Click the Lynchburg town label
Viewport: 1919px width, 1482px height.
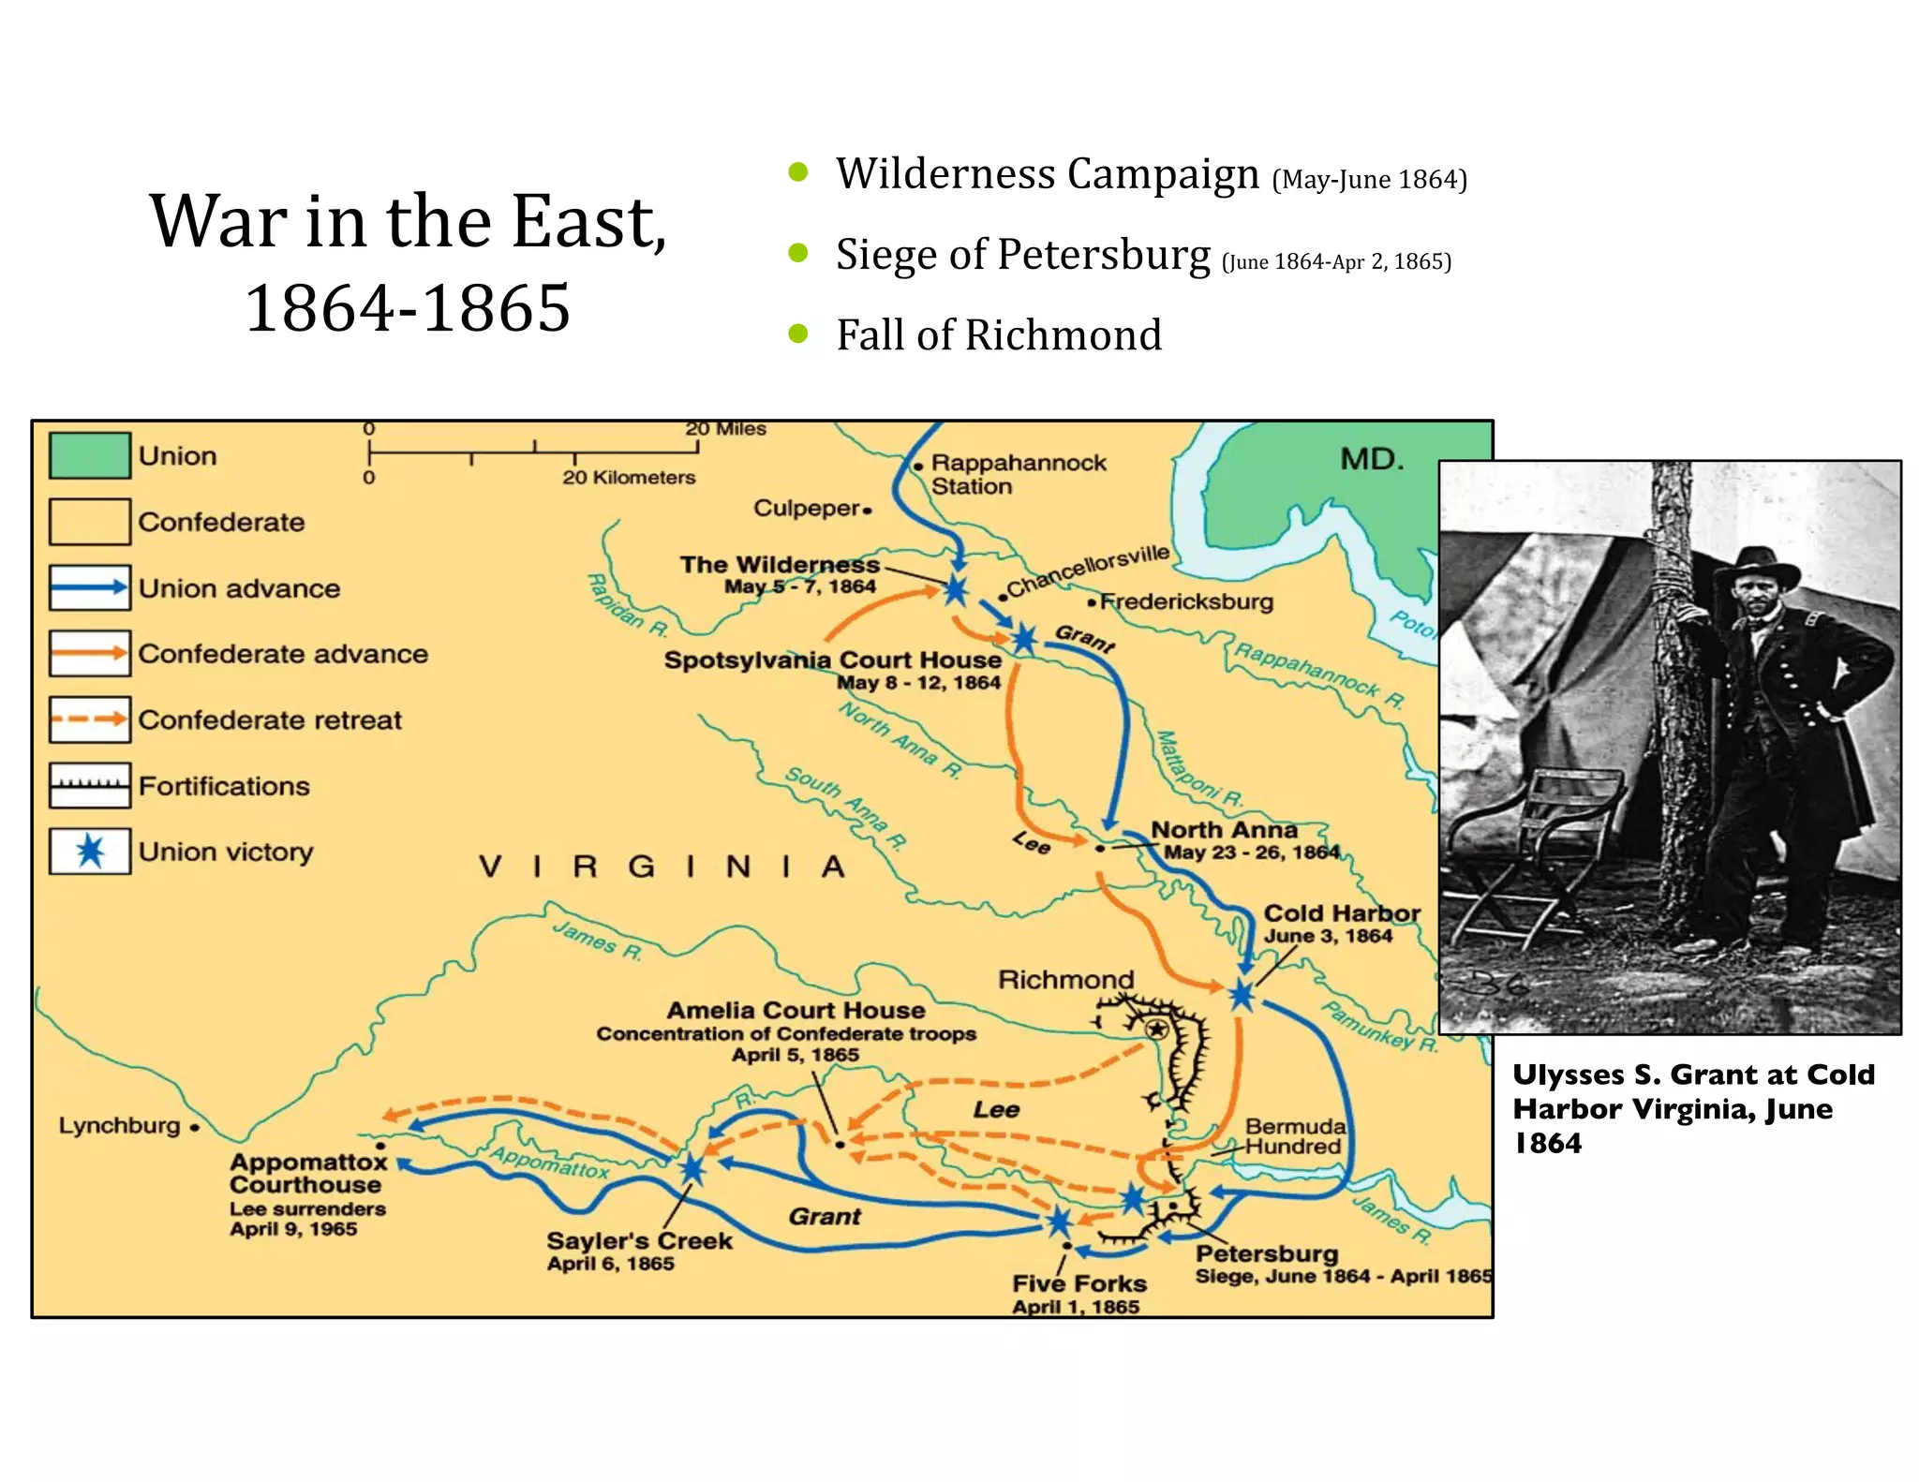click(119, 1125)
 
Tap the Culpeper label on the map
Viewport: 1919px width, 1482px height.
click(807, 509)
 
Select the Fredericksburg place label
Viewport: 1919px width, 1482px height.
click(1186, 601)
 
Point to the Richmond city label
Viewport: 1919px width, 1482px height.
click(1065, 980)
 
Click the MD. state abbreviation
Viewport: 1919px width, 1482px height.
click(1372, 459)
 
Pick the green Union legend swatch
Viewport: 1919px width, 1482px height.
click(89, 456)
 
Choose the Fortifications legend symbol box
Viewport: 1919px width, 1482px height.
click(89, 785)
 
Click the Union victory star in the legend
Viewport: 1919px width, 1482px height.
click(90, 852)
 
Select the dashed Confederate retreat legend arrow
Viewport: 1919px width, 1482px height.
click(89, 719)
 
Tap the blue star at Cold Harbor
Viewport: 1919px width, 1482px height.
click(1242, 995)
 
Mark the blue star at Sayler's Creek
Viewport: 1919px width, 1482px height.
click(692, 1169)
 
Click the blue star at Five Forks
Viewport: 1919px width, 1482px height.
click(1059, 1222)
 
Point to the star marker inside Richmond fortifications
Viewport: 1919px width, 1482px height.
click(1157, 1030)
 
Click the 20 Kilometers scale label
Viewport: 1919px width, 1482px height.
click(629, 478)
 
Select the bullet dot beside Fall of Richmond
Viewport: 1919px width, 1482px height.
click(798, 333)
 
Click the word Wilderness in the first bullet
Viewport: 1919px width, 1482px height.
click(945, 174)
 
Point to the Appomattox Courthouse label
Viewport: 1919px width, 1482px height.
click(308, 1174)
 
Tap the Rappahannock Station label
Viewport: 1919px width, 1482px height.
click(1018, 474)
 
